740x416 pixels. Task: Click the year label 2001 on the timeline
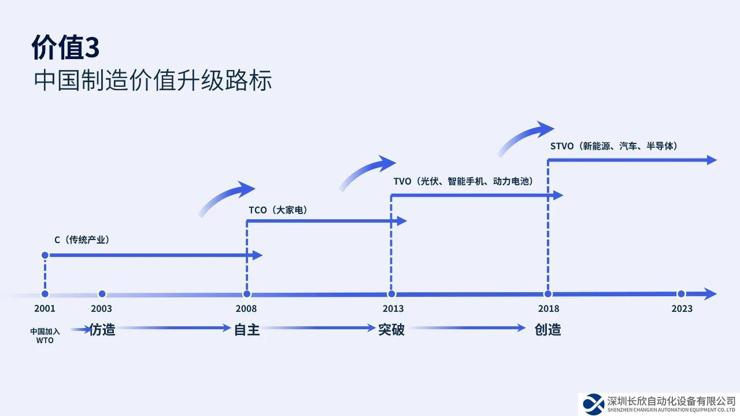45,309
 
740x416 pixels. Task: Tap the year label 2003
102,309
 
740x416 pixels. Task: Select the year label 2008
246,309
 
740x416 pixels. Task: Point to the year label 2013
393,309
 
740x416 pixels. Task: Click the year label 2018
549,309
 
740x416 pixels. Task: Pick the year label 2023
682,309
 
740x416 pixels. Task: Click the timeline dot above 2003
102,294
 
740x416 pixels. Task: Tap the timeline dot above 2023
681,294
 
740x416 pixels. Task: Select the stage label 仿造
102,330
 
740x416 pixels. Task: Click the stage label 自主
247,330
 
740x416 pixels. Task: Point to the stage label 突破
391,330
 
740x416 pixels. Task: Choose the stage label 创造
547,330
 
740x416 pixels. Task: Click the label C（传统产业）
82,240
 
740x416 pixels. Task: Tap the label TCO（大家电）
277,210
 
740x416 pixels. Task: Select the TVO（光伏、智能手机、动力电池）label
463,181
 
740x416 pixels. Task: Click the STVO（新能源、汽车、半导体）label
613,146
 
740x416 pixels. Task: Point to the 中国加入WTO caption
45,336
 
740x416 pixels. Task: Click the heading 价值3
65,48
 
